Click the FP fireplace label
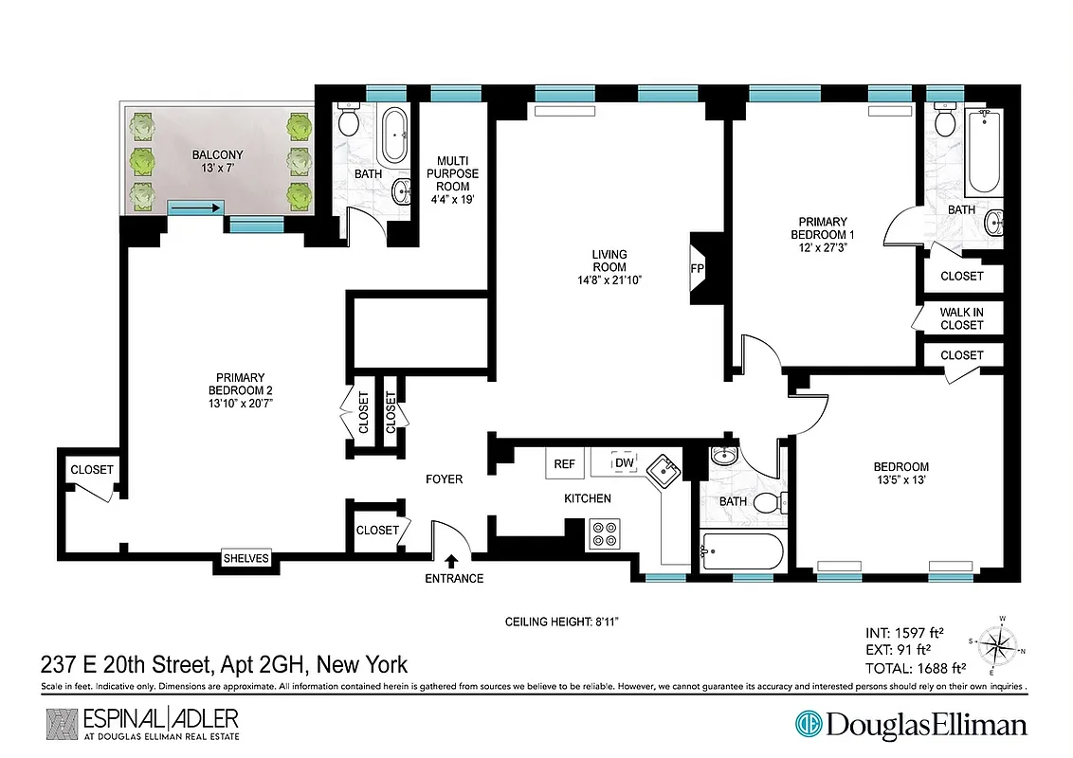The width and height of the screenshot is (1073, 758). pos(697,268)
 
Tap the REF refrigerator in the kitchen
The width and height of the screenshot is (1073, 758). pos(565,463)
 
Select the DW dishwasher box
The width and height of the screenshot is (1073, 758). pos(624,462)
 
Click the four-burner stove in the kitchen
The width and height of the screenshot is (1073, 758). pos(604,534)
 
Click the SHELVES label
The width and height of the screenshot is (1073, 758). pos(246,558)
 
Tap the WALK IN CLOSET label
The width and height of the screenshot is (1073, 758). pos(961,317)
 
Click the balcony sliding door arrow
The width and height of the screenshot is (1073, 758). pos(196,208)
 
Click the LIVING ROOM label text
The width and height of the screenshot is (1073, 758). pos(610,266)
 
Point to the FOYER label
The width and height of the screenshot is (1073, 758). pos(444,479)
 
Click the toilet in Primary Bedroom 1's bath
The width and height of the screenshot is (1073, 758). pos(943,120)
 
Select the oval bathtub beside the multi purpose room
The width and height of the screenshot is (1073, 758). pos(393,136)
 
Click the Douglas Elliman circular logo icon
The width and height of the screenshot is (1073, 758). pos(809,725)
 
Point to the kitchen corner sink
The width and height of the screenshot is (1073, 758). pos(663,467)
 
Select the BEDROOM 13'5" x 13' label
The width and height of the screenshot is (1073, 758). pos(900,473)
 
